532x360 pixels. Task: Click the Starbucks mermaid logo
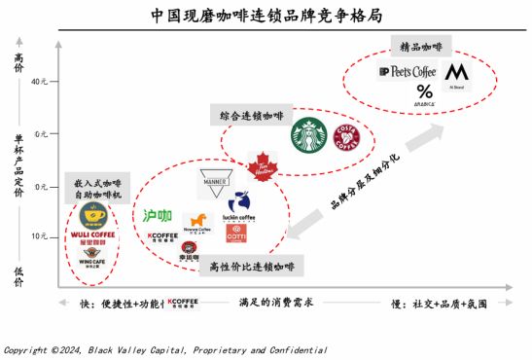308,135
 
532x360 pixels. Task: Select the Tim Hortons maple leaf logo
261,166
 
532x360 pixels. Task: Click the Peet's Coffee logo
407,72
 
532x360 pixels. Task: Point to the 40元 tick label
38,82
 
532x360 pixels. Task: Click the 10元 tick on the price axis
38,236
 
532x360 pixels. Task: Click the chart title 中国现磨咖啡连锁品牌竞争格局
266,16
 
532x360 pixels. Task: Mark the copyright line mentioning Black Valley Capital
165,349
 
